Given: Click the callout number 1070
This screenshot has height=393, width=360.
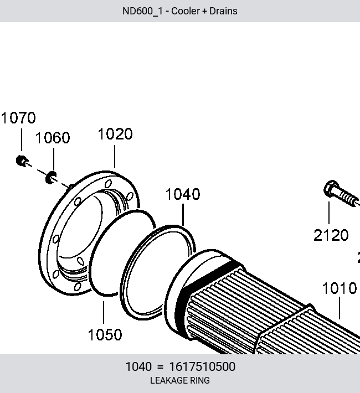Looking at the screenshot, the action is [18, 118].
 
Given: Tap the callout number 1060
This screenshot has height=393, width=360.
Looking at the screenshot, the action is [53, 138].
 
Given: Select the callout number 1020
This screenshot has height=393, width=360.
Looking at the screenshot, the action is [115, 134].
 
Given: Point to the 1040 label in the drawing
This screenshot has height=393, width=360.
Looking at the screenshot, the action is [183, 194].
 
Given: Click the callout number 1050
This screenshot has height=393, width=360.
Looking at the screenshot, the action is [105, 334].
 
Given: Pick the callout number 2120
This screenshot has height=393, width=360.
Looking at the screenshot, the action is [331, 235].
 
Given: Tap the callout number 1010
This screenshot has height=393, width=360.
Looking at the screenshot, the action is [339, 288].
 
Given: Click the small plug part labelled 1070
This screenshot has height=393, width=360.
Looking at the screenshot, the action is [22, 161].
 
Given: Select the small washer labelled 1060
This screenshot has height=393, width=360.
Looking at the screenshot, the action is [51, 178].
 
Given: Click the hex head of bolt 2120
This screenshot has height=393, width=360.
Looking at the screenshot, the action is [331, 189].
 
